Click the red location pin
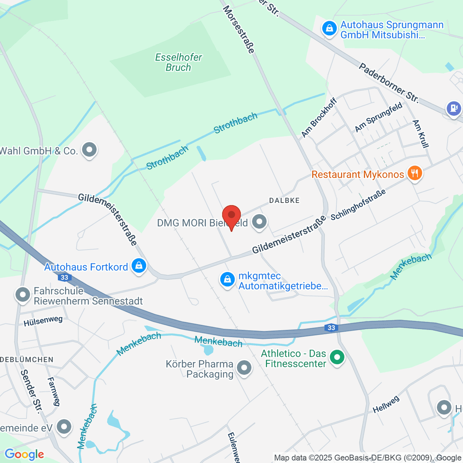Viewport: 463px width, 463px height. pyautogui.click(x=231, y=215)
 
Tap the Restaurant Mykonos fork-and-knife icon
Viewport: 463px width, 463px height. pyautogui.click(x=414, y=173)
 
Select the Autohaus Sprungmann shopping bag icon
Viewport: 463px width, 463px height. pyautogui.click(x=329, y=29)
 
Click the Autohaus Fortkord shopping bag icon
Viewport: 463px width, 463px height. pyautogui.click(x=139, y=266)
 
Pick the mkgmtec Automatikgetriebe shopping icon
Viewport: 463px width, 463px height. pyautogui.click(x=227, y=280)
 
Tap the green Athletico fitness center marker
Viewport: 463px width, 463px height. pyautogui.click(x=337, y=357)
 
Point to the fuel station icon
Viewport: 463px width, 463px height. pyautogui.click(x=453, y=108)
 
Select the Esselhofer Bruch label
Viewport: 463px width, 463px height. pyautogui.click(x=178, y=63)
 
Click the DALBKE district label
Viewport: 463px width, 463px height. pyautogui.click(x=284, y=201)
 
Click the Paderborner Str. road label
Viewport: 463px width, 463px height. pyautogui.click(x=389, y=83)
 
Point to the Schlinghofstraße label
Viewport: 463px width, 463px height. pyautogui.click(x=358, y=205)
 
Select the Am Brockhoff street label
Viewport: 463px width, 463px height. pyautogui.click(x=319, y=118)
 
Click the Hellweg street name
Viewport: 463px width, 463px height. pyautogui.click(x=386, y=405)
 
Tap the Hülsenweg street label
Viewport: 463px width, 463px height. pyautogui.click(x=43, y=321)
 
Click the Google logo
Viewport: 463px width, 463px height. pyautogui.click(x=24, y=455)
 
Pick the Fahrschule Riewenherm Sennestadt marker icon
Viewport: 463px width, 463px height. pyautogui.click(x=23, y=295)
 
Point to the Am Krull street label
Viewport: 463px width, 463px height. pyautogui.click(x=421, y=134)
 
